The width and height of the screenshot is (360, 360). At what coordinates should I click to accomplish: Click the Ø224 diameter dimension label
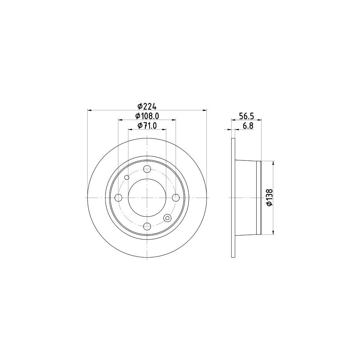point(147,106)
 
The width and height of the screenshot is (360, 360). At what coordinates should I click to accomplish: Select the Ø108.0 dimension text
point(147,116)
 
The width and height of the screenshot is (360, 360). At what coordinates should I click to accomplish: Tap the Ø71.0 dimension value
point(147,126)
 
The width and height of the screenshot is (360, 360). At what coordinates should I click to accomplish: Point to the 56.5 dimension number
point(246,116)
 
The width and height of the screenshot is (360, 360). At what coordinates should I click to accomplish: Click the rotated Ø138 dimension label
point(270,198)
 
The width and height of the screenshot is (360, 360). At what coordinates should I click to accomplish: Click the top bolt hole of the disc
point(147,169)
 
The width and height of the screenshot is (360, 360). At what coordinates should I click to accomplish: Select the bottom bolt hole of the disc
point(147,226)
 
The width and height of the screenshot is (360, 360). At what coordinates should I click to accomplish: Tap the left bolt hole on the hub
point(118,198)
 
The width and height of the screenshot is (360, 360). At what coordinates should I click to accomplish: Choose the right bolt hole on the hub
point(176,198)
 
